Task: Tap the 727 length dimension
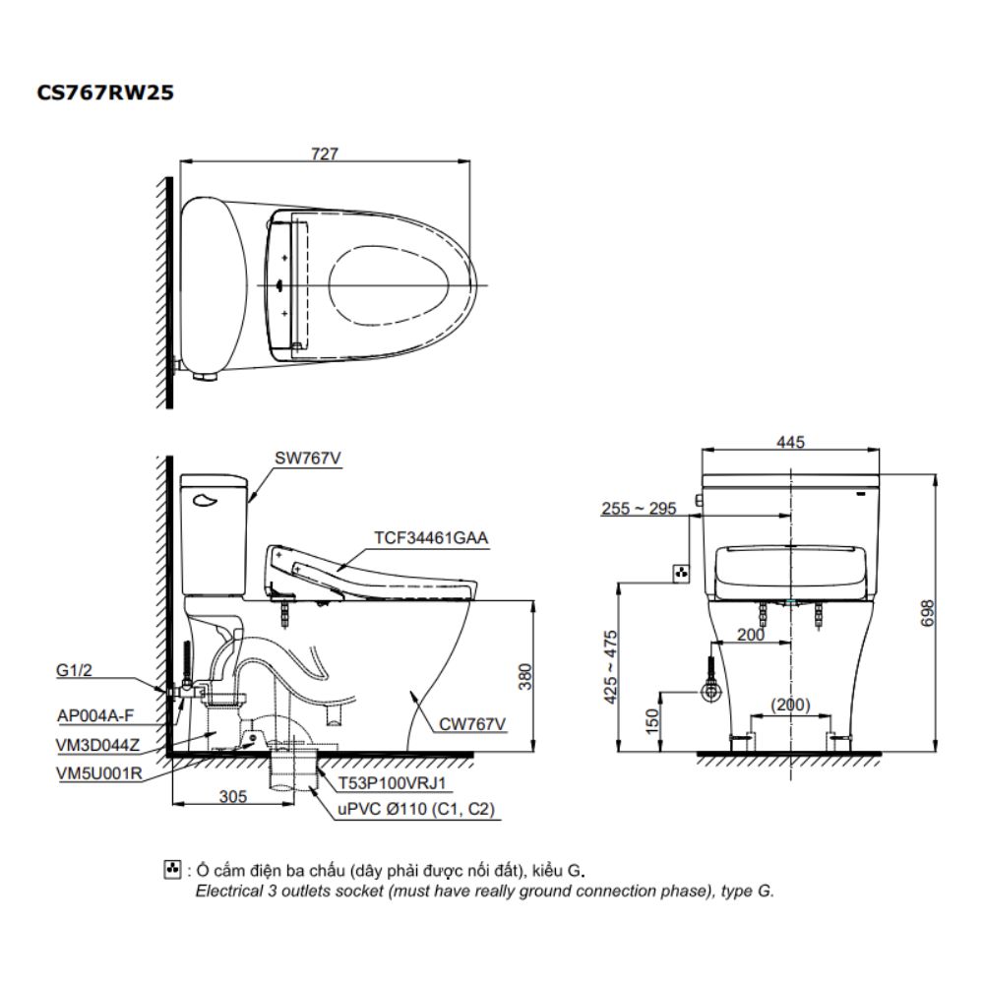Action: (325, 154)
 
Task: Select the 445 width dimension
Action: (790, 443)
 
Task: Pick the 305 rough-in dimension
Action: (232, 798)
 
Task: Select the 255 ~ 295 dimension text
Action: (639, 509)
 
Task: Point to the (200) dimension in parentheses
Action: (790, 705)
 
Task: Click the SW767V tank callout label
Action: (303, 458)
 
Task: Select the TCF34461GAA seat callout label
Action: (431, 536)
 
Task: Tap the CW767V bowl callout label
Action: (472, 724)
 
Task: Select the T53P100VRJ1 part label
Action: (392, 783)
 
